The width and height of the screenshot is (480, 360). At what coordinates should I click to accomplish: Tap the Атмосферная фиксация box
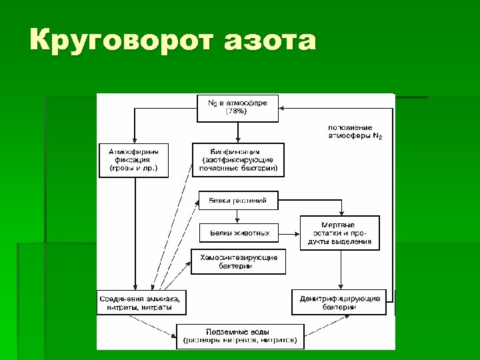133,160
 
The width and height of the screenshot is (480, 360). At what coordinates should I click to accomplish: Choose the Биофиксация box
238,160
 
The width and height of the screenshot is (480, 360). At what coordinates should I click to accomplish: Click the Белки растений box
238,200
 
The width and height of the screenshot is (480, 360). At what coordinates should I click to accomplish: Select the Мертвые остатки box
340,233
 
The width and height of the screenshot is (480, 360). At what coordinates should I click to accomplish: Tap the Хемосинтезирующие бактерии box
239,261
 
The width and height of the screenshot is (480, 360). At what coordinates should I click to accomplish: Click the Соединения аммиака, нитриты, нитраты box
141,302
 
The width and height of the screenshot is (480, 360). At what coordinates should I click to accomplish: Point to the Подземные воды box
240,336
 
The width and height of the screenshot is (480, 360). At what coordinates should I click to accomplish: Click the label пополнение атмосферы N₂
355,131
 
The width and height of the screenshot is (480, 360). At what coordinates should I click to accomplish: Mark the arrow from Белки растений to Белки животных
238,217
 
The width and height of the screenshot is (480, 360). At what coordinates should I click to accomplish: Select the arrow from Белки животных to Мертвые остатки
289,233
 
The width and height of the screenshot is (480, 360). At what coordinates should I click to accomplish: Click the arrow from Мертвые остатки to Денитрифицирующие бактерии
340,270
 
